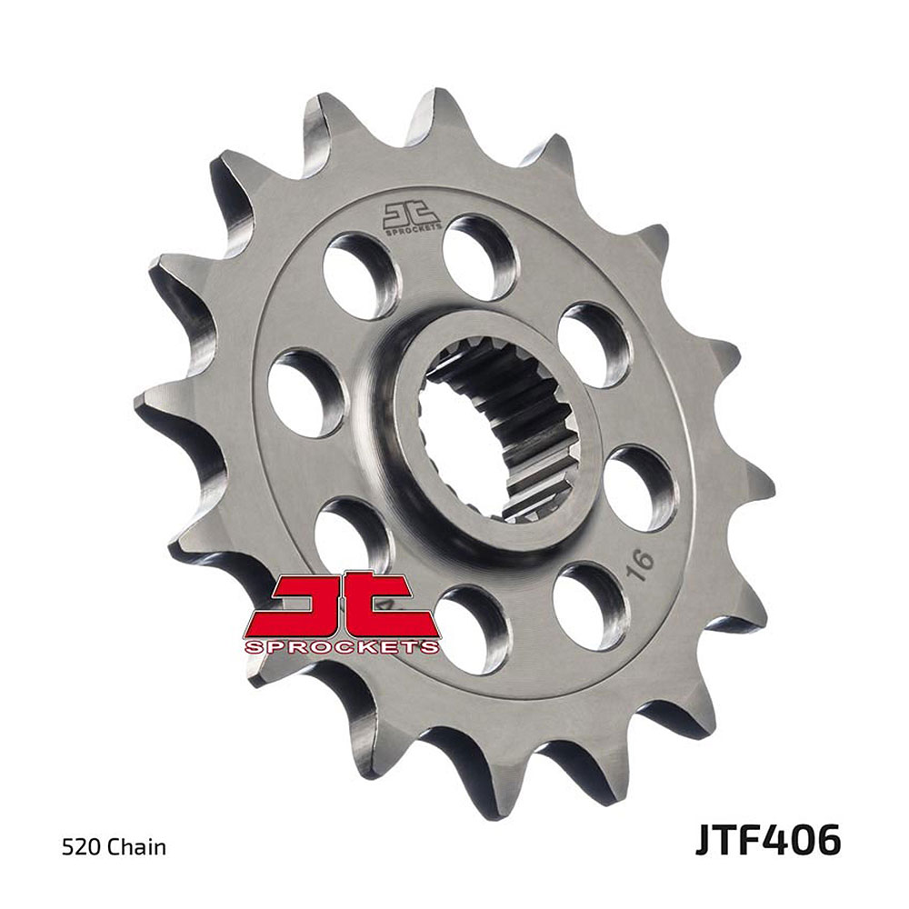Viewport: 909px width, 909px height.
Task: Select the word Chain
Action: click(136, 847)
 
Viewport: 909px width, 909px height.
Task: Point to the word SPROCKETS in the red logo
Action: click(342, 647)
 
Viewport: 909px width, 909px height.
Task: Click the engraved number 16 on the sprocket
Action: click(641, 564)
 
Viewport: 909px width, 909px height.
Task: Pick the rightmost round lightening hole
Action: click(641, 488)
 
